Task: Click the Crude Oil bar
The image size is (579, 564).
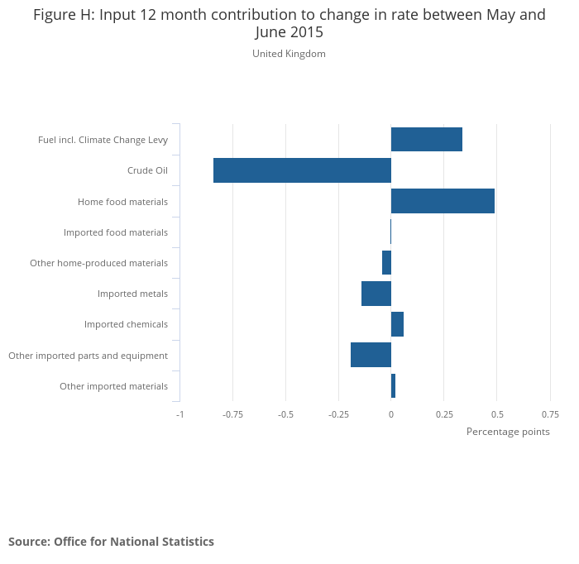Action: pos(302,170)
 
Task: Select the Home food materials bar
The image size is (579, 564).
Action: pos(443,201)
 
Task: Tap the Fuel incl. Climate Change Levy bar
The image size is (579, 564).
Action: pos(426,140)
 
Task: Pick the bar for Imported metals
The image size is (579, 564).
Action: pos(376,294)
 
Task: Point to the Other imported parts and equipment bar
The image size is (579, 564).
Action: pos(371,355)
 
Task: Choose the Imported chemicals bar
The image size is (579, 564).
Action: pos(397,324)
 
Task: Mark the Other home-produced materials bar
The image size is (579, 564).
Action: pos(386,263)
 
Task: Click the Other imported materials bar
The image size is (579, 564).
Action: pos(393,385)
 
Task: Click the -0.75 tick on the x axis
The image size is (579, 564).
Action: pos(232,414)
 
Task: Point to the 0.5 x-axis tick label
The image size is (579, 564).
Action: pos(497,414)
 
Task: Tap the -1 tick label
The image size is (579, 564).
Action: pos(179,414)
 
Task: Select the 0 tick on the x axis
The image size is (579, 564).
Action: pos(391,414)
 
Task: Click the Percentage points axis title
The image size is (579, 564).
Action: pos(508,432)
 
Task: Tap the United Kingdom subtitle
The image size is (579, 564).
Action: pos(289,54)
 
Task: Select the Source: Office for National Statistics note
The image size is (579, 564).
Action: pos(111,542)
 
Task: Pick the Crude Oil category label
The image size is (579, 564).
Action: pos(147,170)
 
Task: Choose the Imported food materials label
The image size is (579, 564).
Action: pos(116,232)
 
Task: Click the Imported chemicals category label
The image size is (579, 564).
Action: pos(126,324)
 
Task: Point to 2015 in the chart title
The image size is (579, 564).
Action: pos(306,33)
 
